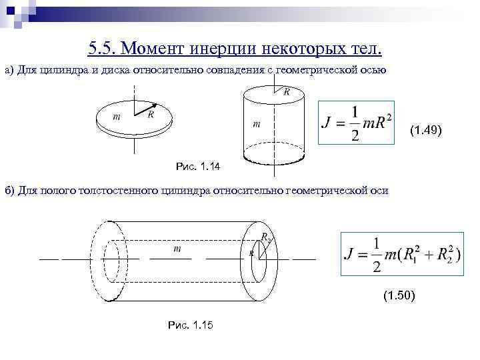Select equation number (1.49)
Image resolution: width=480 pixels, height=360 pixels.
(x=425, y=130)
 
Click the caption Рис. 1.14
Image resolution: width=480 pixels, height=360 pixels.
(x=197, y=165)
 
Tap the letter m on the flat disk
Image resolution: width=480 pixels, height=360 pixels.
(x=117, y=117)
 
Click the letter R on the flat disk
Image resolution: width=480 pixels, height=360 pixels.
(x=151, y=114)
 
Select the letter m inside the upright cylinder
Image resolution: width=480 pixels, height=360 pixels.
(x=256, y=124)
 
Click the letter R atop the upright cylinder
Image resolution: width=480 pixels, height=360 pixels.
(x=287, y=92)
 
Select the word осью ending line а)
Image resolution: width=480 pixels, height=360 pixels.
(x=373, y=71)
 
